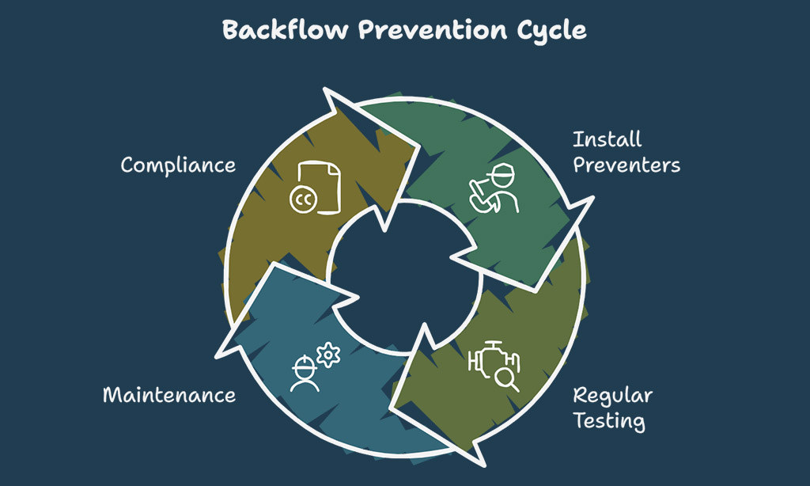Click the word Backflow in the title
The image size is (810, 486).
(286, 29)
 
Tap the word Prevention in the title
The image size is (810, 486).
(433, 29)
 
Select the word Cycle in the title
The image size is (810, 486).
(551, 31)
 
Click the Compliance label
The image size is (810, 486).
(178, 165)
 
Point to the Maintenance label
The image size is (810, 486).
(169, 395)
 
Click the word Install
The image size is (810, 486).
(607, 139)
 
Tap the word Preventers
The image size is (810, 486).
(626, 165)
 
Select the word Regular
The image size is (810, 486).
(613, 397)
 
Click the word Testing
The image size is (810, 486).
(609, 421)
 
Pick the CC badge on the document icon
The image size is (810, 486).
(303, 199)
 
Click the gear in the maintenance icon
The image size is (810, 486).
(328, 355)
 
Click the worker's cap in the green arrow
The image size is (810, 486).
(502, 173)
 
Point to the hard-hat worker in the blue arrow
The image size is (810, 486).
(305, 374)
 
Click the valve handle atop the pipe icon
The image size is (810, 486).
(494, 344)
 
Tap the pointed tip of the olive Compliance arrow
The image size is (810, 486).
(417, 146)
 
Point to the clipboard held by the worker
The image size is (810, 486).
(480, 196)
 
